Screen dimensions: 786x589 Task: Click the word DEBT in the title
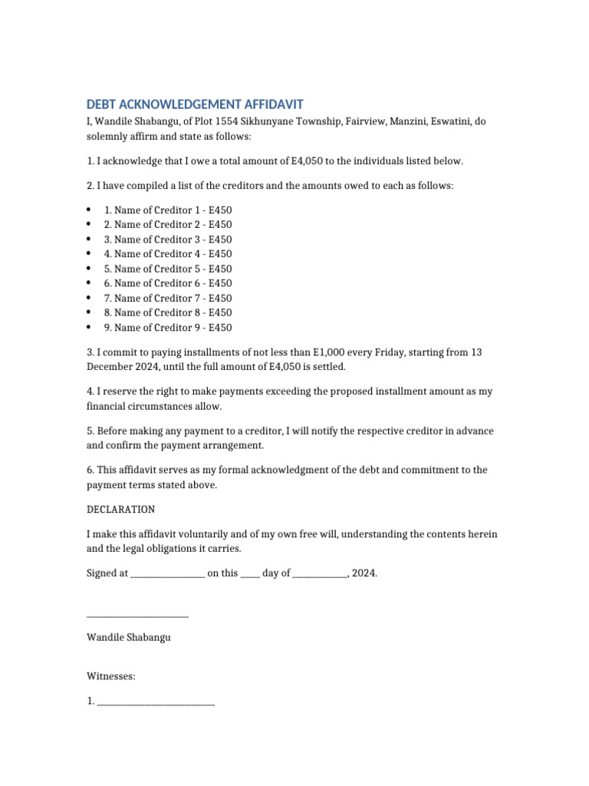click(102, 105)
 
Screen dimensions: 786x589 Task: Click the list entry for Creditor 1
click(167, 210)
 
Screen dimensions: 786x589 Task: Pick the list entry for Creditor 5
click(167, 269)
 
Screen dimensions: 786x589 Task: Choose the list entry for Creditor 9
click(167, 328)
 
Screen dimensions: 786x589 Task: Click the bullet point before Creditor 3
click(90, 239)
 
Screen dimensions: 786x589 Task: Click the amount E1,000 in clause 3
click(330, 352)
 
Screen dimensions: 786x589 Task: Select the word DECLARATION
click(120, 510)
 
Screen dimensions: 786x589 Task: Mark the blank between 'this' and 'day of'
click(250, 574)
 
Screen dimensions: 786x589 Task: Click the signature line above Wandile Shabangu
click(137, 615)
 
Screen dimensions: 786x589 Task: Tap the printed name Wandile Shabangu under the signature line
click(129, 638)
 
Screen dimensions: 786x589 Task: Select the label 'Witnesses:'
click(111, 677)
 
